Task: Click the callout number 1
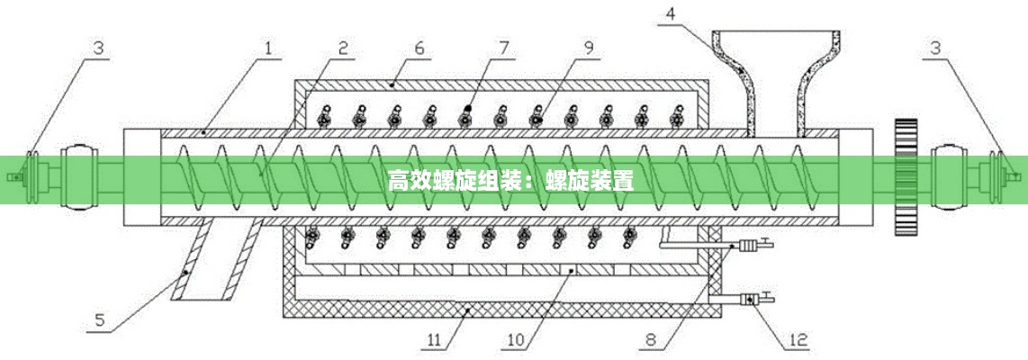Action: (x=267, y=42)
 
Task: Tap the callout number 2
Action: (x=343, y=42)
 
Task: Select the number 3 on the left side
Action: (x=99, y=44)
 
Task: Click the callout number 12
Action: (x=798, y=340)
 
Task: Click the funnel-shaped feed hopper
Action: (x=775, y=63)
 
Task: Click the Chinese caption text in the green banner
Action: (x=511, y=180)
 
